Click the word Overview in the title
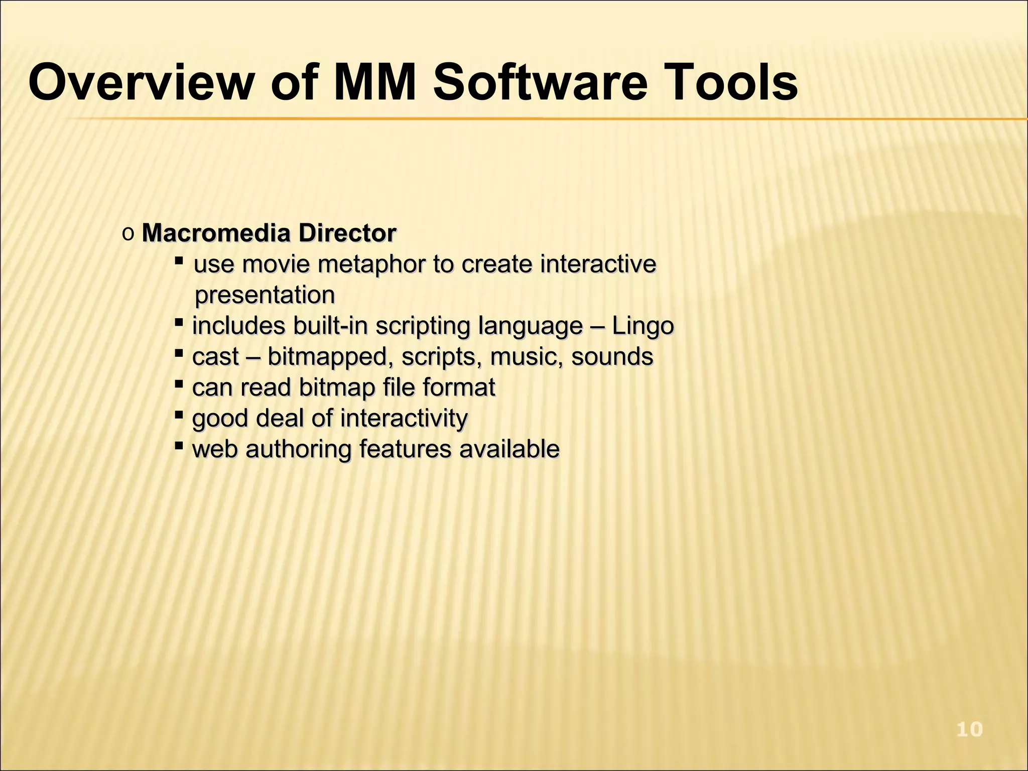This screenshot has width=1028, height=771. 141,82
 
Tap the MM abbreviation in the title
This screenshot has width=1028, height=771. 374,82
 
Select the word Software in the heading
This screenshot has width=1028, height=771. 540,82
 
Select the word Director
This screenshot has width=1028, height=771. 347,233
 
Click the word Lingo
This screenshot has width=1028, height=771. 642,326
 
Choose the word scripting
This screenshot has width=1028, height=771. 423,326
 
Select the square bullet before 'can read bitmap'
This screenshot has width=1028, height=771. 178,384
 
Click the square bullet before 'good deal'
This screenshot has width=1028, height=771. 178,415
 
